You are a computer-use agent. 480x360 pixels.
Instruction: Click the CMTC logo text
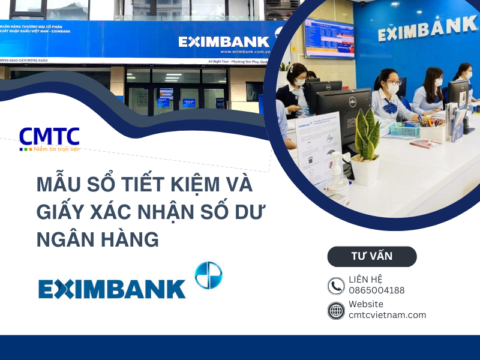point(49,136)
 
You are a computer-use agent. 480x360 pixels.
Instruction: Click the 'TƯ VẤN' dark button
point(372,256)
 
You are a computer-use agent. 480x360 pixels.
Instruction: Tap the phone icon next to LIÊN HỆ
point(336,286)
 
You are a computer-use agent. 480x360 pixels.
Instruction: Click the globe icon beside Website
point(336,310)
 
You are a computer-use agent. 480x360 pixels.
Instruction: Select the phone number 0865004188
point(377,290)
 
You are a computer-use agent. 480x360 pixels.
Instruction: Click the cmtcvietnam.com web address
point(388,315)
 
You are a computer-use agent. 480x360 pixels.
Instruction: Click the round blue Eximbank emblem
point(208,275)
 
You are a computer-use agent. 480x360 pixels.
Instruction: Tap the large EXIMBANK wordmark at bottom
point(112,289)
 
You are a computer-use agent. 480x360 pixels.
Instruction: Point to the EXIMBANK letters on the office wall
point(427,27)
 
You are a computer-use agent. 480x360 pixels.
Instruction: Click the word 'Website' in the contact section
point(366,304)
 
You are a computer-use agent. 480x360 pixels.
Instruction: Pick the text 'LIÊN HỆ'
point(365,280)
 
